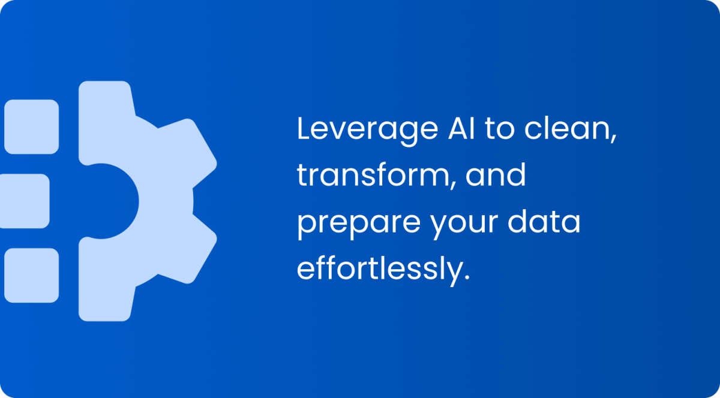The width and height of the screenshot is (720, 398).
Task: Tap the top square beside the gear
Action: pos(31,126)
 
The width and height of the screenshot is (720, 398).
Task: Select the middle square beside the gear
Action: pos(24,201)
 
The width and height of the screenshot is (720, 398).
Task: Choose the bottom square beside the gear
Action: pos(31,275)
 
